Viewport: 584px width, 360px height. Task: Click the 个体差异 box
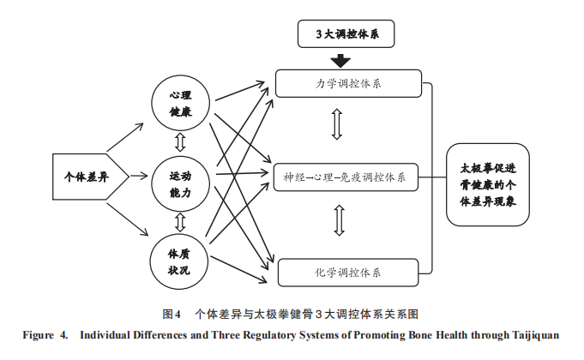pyautogui.click(x=86, y=177)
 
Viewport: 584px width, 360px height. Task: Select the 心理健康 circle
pyautogui.click(x=179, y=102)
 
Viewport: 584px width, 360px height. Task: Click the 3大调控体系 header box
pyautogui.click(x=342, y=35)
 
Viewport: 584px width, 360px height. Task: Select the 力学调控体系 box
pyautogui.click(x=347, y=84)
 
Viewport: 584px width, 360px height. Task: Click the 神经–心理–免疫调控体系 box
pyautogui.click(x=347, y=178)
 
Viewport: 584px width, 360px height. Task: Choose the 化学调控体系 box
pyautogui.click(x=347, y=273)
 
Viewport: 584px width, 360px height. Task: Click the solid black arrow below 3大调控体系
pyautogui.click(x=342, y=60)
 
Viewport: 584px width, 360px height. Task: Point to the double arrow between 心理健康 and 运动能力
pyautogui.click(x=179, y=140)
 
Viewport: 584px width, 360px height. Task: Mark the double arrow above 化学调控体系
pyautogui.click(x=338, y=219)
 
